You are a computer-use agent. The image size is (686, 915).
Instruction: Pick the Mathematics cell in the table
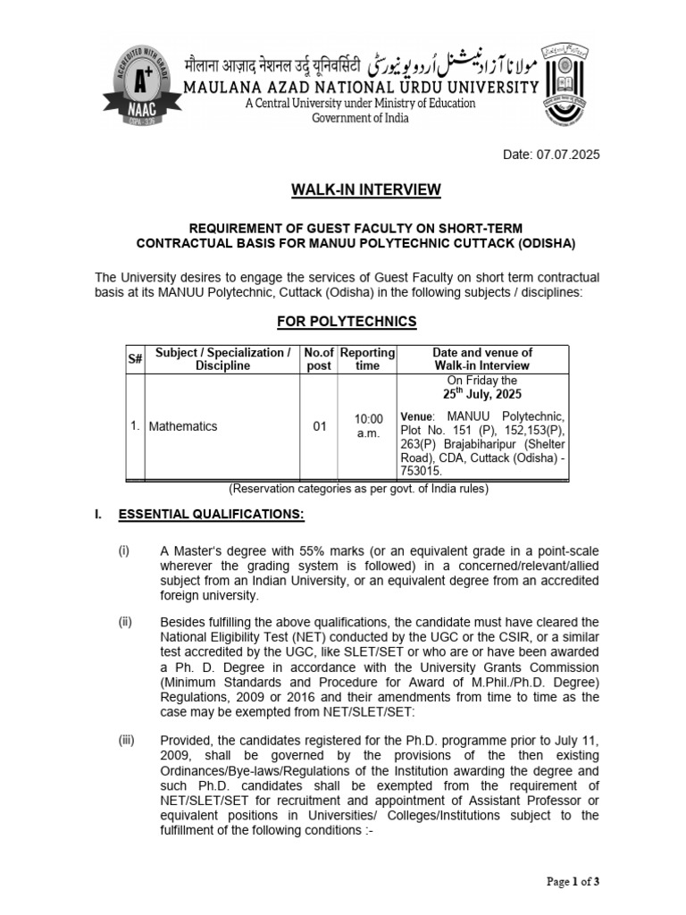coord(183,426)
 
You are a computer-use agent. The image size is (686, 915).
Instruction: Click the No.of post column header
coord(319,359)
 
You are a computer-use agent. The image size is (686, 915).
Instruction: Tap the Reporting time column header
coord(367,359)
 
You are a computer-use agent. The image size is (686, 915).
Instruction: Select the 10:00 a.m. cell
coord(368,426)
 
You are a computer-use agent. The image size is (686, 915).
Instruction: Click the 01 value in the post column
coord(319,426)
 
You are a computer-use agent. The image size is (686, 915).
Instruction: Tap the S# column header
coord(135,359)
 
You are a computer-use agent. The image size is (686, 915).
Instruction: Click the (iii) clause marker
coord(128,740)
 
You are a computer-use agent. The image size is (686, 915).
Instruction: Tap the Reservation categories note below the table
coord(358,489)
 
